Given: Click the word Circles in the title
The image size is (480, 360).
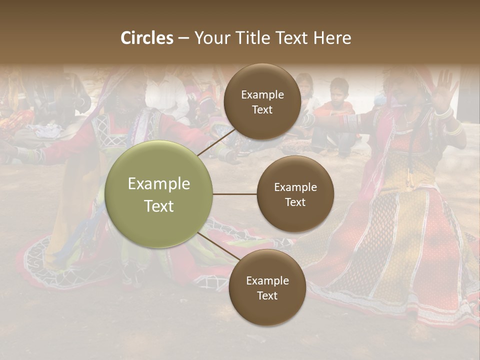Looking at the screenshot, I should (x=147, y=38).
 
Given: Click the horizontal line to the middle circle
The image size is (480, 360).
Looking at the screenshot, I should (x=234, y=194).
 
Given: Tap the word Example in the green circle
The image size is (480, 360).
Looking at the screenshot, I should (x=159, y=184).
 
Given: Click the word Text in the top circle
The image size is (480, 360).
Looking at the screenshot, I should (x=262, y=109).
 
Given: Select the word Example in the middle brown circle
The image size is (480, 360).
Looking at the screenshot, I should (x=295, y=187).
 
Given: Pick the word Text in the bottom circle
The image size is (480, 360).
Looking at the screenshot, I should (x=267, y=295).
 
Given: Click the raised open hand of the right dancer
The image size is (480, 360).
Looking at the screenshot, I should (x=444, y=87).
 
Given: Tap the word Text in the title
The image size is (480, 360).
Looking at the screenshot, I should (x=290, y=38).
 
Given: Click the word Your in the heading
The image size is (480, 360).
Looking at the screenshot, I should (x=209, y=38).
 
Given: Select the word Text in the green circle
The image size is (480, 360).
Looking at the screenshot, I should (x=159, y=206).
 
